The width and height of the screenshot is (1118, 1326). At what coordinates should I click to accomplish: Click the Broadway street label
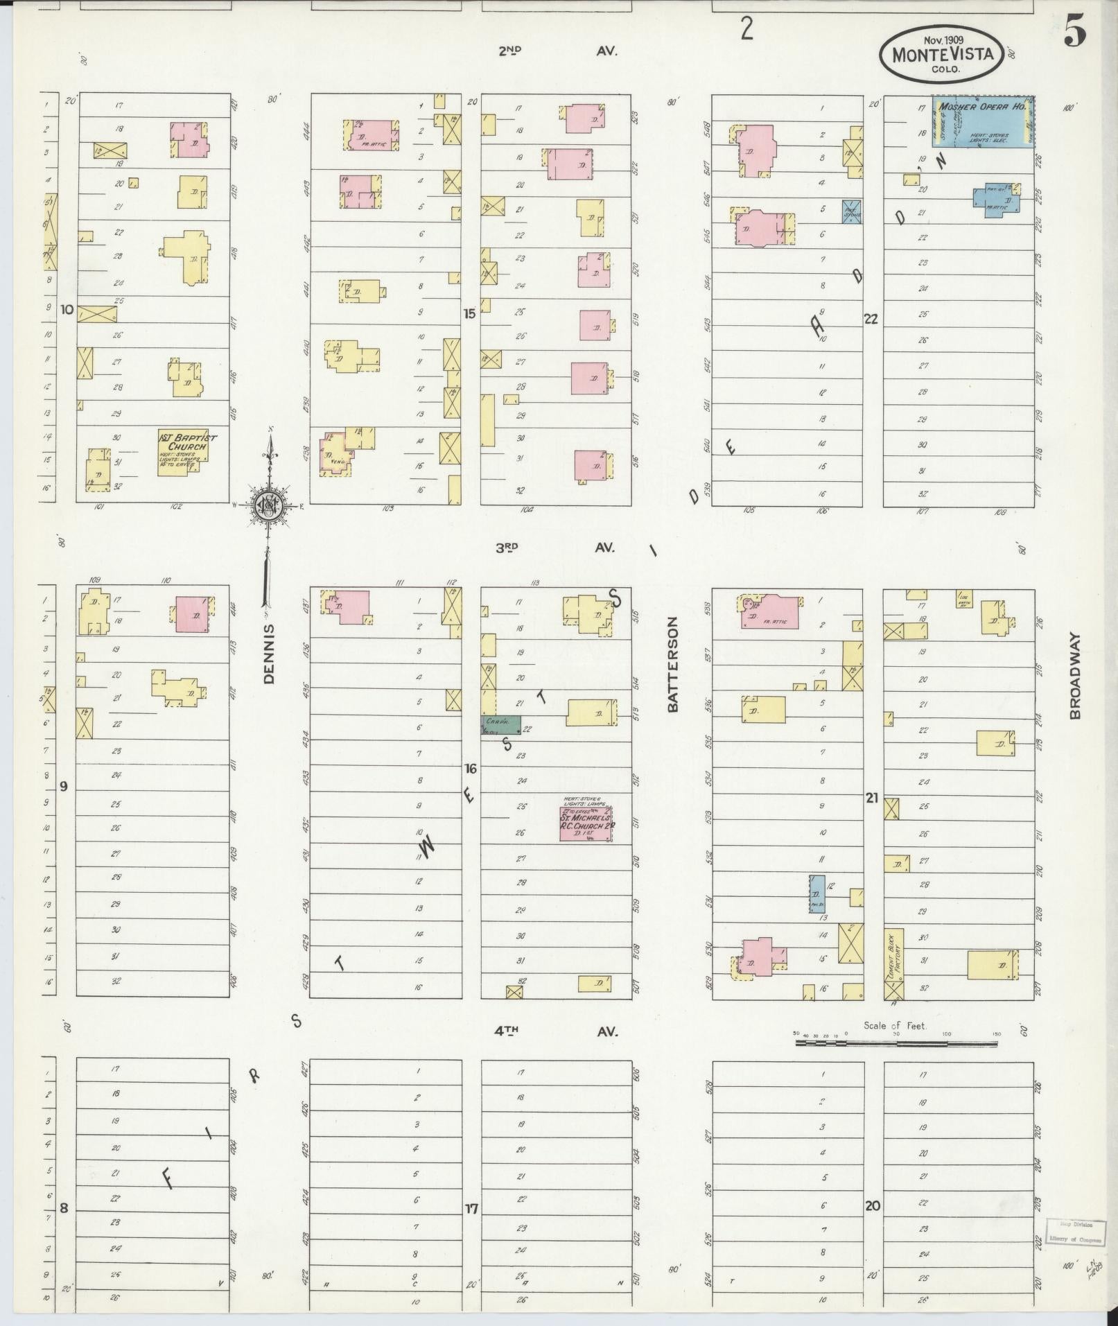[x=1076, y=675]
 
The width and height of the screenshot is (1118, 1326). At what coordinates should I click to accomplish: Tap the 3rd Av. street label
[x=555, y=548]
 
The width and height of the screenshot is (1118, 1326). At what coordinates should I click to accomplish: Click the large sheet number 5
[x=1075, y=35]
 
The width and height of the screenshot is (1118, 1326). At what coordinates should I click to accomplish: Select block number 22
[x=871, y=319]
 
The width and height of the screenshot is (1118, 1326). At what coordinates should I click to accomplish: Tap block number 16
[x=471, y=769]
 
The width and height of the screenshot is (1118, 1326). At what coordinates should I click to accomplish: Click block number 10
[x=67, y=309]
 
